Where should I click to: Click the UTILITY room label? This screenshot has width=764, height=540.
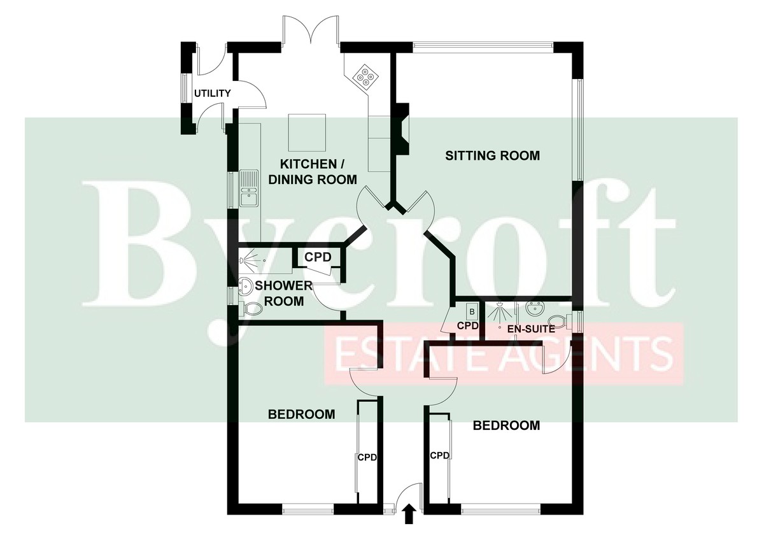pos(212,93)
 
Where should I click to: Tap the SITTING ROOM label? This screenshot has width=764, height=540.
pos(493,155)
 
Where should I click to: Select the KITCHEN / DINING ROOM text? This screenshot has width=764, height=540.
pos(313,171)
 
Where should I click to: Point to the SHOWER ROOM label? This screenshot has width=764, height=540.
pos(284,294)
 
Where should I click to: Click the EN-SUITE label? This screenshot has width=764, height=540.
pos(531,329)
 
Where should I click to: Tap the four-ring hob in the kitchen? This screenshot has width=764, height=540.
pos(364,76)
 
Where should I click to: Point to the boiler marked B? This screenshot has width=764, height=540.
pos(472,311)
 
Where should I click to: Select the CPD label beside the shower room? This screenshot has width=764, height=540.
pos(318,257)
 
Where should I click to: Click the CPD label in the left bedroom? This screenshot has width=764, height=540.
pos(367,457)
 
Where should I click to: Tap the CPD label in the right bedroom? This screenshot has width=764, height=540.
pos(440,455)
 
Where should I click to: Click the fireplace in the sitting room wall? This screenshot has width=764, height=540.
pos(402,129)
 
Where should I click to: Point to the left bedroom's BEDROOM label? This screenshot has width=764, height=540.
pos(302,414)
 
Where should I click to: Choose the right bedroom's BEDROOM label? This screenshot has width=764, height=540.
pos(507,425)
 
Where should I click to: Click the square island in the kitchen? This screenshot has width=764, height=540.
pos(307,132)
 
